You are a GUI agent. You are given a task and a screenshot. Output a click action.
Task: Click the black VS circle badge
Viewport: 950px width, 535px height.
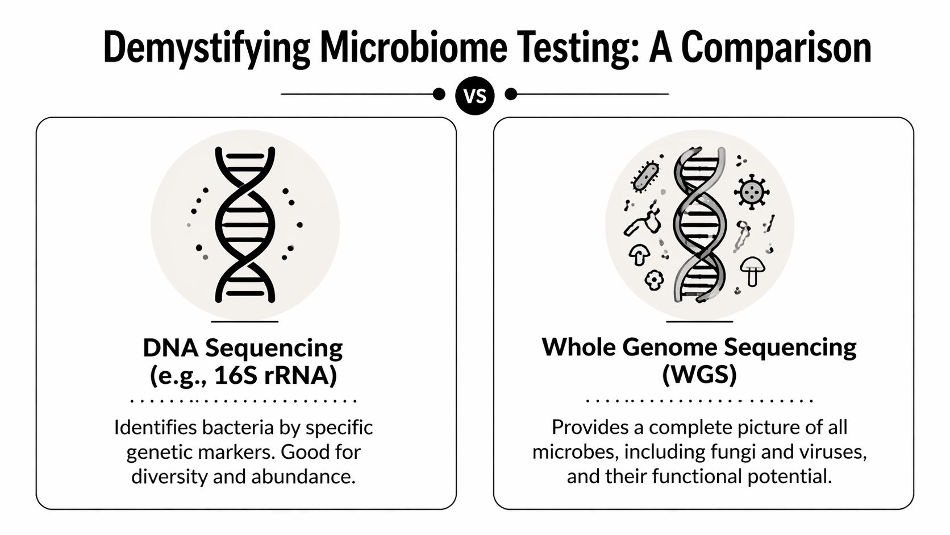(x=475, y=96)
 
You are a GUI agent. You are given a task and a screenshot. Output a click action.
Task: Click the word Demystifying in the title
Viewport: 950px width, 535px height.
(x=207, y=48)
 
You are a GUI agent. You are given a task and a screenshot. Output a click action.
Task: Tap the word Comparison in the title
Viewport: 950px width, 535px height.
(x=776, y=48)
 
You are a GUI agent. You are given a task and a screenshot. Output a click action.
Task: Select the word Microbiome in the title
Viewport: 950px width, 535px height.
(x=413, y=48)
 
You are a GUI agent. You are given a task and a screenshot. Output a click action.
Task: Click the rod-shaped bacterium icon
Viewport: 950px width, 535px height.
(x=645, y=176)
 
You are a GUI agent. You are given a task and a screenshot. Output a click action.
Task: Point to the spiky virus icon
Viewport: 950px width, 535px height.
(x=752, y=192)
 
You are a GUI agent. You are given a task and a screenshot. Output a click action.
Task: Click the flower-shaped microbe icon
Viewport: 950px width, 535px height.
(x=654, y=279)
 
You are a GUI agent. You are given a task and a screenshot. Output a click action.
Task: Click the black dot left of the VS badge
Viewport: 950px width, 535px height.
(x=439, y=94)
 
